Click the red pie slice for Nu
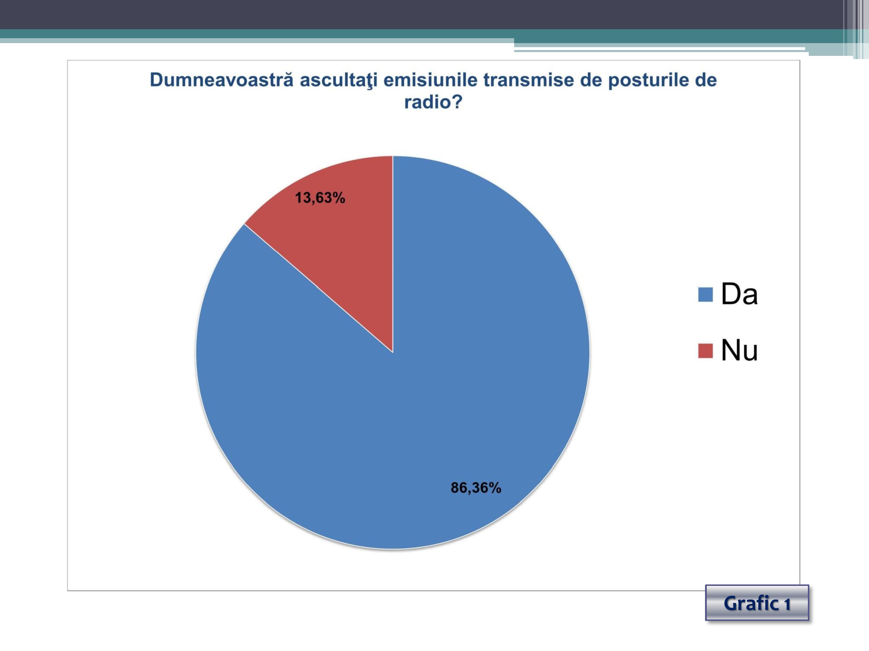coord(338,236)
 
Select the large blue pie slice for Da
coord(412,392)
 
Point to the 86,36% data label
coord(476,488)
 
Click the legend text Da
coord(739,294)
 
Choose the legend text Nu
coord(739,350)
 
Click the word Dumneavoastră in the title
coord(222,80)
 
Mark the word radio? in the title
coord(433,102)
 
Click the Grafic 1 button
coord(757,603)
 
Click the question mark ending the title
coord(457,102)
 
